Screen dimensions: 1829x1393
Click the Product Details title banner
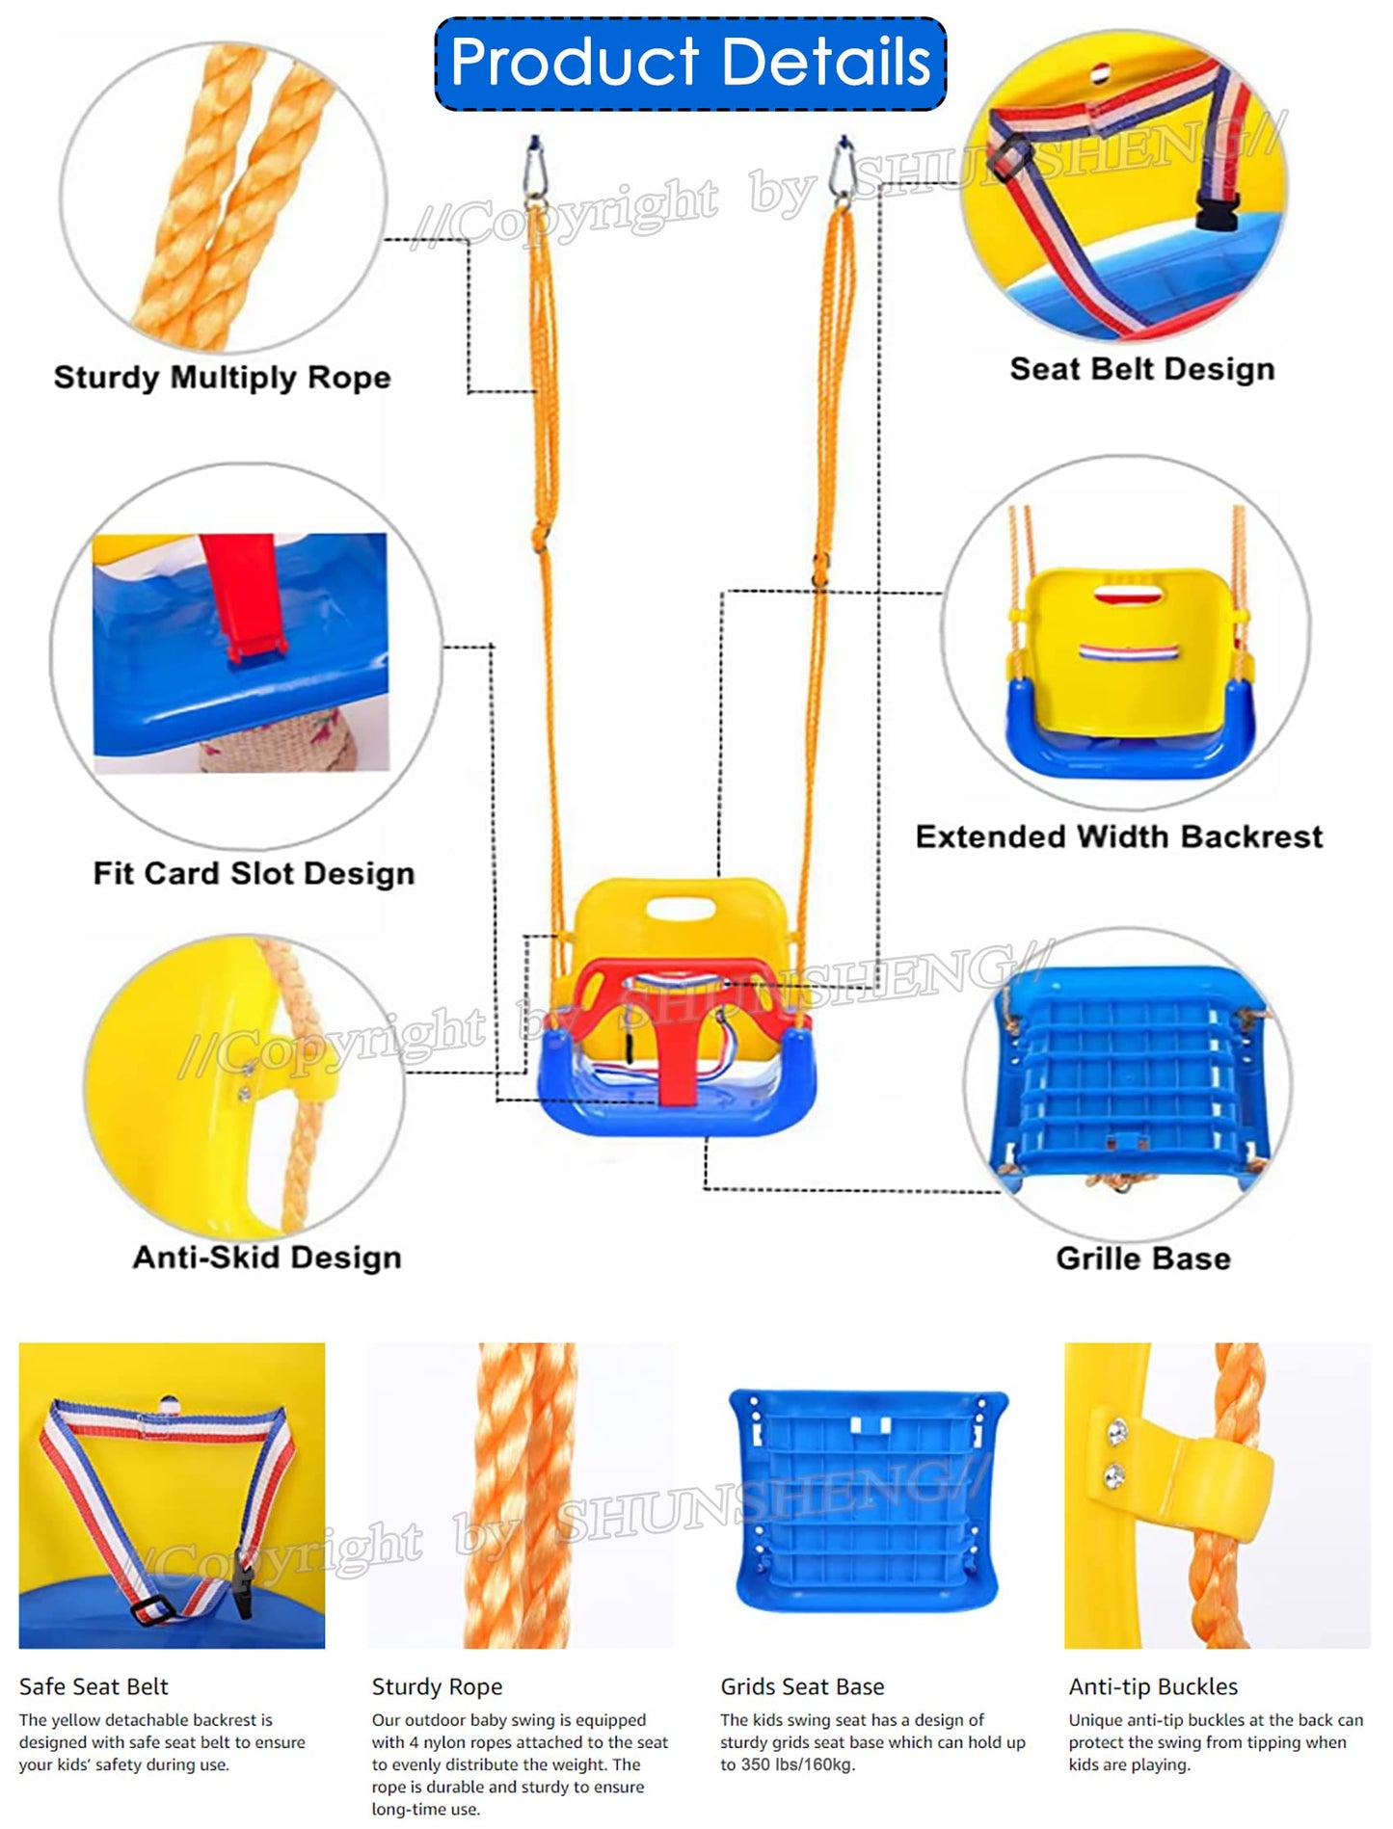pos(690,63)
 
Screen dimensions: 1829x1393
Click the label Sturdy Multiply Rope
pos(222,377)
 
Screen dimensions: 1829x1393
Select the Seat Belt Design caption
pos(1141,369)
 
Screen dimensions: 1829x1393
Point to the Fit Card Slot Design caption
pos(254,873)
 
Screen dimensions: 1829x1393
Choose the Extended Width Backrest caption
pos(1118,836)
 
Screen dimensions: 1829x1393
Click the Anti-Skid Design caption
pos(266,1258)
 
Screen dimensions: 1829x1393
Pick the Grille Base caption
pos(1142,1259)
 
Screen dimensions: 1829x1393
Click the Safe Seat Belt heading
pos(94,1686)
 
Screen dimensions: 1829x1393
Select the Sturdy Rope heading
pos(437,1686)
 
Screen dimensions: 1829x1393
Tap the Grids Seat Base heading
pos(802,1686)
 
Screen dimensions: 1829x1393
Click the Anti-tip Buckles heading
pos(1153,1686)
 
